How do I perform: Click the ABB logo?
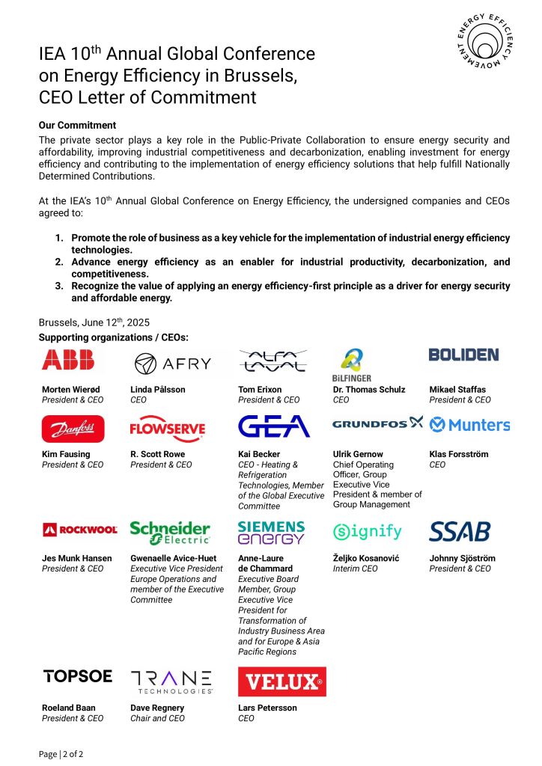(68, 361)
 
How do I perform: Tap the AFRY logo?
(173, 364)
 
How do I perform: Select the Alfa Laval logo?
(272, 361)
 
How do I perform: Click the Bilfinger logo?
(351, 364)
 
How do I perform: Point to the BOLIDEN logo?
(463, 355)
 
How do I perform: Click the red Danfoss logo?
(73, 429)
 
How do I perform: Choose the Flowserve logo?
(167, 428)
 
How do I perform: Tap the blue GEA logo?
(273, 426)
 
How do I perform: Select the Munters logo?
(469, 425)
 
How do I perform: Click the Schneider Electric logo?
(170, 532)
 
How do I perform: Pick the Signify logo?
(368, 532)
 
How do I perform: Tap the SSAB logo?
(460, 532)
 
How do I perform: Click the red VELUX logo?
(281, 681)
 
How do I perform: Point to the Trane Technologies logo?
(171, 681)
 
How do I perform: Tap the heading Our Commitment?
(77, 125)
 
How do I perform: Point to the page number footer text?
(61, 753)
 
